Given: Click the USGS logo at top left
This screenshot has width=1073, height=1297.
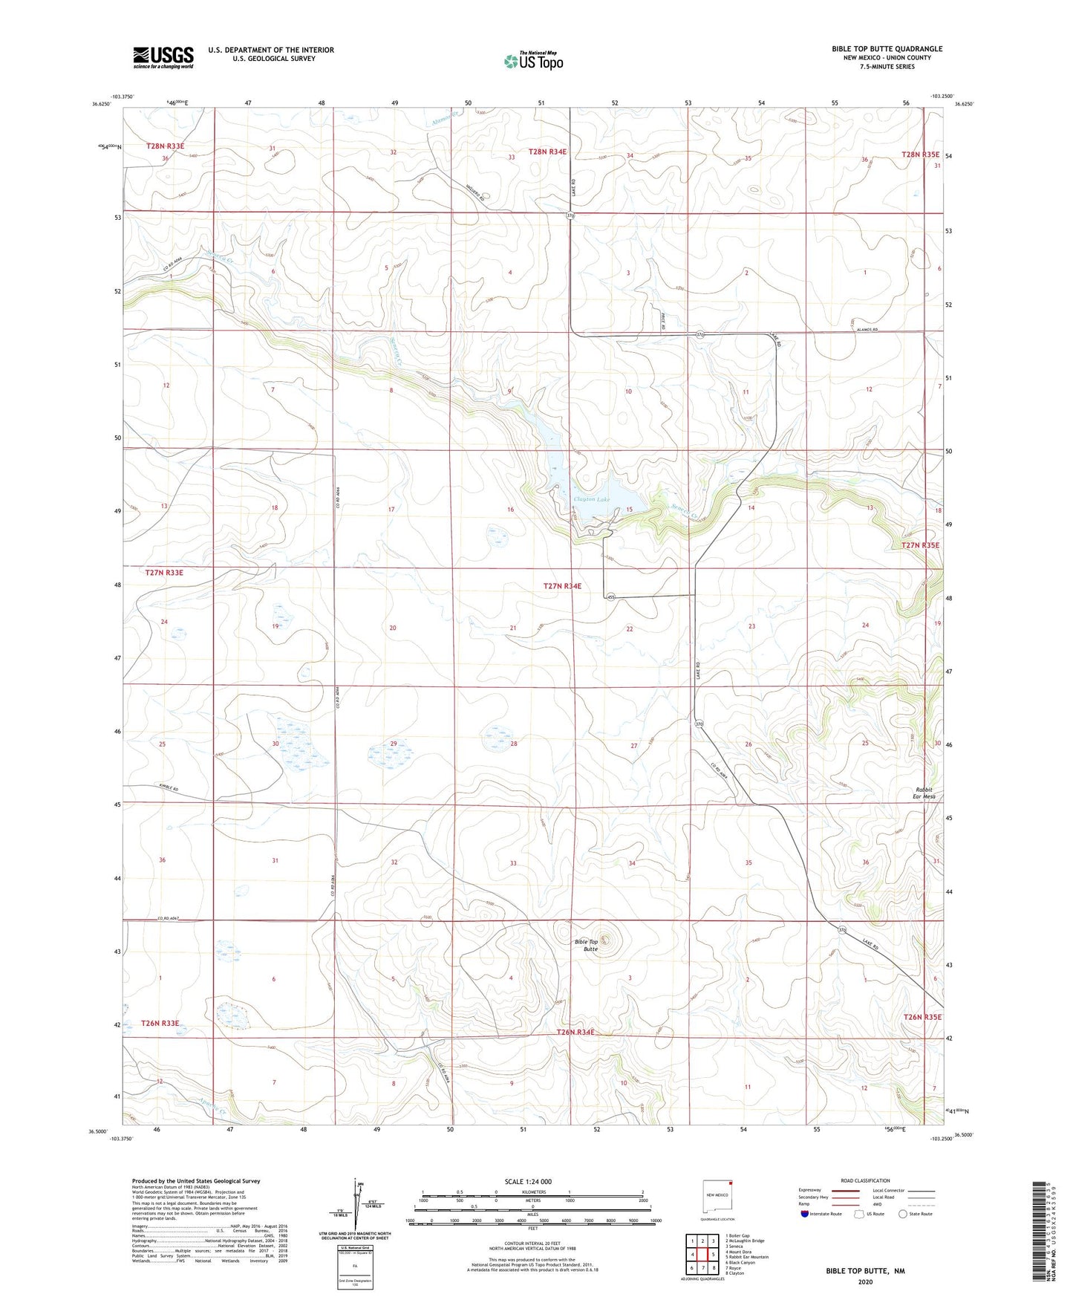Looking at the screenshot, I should point(163,57).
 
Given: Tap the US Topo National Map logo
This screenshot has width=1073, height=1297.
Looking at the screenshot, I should point(532,61).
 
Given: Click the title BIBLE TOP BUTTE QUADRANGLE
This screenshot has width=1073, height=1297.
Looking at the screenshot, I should point(887,49).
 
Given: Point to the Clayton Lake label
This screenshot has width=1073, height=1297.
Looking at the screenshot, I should point(591,499).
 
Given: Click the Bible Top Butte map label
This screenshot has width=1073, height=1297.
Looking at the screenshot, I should point(586,945).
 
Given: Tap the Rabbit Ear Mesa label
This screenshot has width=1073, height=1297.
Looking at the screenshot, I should point(924,793).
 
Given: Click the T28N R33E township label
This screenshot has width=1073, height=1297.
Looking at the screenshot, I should point(166,146).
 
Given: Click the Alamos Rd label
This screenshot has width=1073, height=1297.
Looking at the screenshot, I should point(867,330).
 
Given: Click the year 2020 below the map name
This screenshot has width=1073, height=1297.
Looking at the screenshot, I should point(864,1281).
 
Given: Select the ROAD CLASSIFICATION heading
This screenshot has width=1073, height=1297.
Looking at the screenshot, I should point(865,1180).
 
